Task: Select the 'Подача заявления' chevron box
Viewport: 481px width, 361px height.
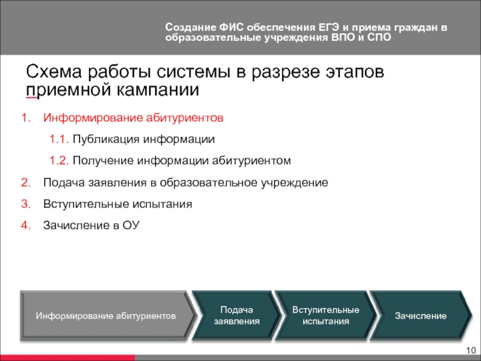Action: [236, 315]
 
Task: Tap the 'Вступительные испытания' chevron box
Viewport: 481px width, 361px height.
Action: [326, 315]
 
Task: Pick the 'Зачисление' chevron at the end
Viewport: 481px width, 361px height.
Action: [421, 315]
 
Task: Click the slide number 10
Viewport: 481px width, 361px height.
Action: [471, 350]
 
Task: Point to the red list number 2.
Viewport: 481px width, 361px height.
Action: [26, 183]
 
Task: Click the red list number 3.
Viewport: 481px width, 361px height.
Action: [26, 204]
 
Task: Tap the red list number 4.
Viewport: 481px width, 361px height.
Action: [26, 226]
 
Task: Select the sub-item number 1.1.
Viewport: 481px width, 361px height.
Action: [59, 140]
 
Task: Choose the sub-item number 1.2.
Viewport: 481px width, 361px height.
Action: [59, 161]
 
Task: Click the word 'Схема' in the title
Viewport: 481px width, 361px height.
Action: [54, 72]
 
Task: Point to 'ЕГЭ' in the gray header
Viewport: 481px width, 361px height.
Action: [328, 27]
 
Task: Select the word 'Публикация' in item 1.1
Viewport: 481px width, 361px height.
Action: [106, 140]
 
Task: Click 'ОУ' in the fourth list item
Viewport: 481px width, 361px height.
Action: [131, 226]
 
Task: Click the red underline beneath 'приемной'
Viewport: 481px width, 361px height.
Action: [32, 98]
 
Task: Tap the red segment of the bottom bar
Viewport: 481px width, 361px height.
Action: [67, 358]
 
